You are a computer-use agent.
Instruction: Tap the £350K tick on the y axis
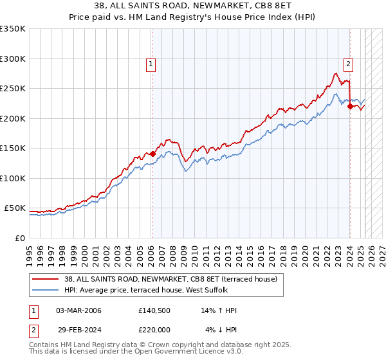click(x=13, y=29)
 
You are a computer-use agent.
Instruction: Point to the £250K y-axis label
click(x=13, y=89)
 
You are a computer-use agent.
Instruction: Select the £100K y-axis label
click(x=13, y=178)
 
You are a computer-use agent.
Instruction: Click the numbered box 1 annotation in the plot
click(x=151, y=64)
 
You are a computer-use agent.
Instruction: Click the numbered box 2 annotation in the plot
click(x=348, y=64)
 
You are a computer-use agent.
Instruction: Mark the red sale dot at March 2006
click(x=152, y=154)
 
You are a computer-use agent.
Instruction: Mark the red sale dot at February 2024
click(x=350, y=107)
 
